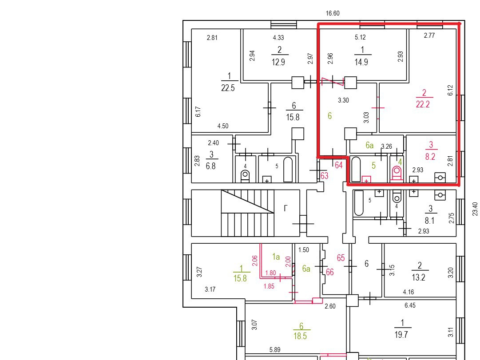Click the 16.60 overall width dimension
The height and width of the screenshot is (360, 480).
point(333,13)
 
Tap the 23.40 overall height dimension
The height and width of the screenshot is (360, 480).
point(475,209)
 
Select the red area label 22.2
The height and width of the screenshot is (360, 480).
point(423,104)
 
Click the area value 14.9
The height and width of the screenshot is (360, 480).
point(361,62)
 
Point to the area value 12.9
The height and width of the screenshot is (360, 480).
point(278,62)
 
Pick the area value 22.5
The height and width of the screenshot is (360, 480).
point(228,88)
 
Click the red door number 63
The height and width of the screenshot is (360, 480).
point(324,176)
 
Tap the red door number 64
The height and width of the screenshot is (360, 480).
point(338,165)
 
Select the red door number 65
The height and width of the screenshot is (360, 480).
point(341,258)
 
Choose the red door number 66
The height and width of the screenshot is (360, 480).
point(329,272)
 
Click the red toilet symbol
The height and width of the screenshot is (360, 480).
point(397,174)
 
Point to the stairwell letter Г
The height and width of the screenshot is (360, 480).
point(286,209)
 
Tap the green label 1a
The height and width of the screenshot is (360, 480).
point(276,257)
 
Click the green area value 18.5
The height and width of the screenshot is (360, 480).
point(300,336)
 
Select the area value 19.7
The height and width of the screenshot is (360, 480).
point(401,335)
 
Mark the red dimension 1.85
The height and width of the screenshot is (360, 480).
point(269,286)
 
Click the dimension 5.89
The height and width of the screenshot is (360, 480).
point(275,350)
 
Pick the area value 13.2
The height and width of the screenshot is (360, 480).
point(418,277)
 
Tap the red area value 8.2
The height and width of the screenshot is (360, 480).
point(430,157)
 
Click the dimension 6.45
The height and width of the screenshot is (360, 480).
point(410,305)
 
